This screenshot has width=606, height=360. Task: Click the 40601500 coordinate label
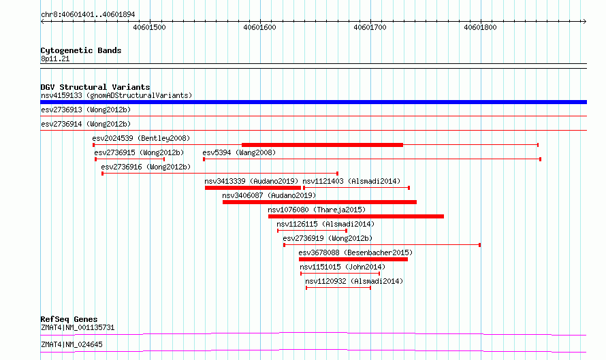pyautogui.click(x=149, y=27)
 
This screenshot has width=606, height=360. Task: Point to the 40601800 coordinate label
pyautogui.click(x=480, y=27)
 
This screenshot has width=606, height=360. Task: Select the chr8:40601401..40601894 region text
pyautogui.click(x=88, y=15)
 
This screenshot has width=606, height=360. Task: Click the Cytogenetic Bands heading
pyautogui.click(x=81, y=50)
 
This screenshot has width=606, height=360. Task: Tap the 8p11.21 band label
pyautogui.click(x=55, y=59)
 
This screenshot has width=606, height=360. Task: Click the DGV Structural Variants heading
pyautogui.click(x=95, y=87)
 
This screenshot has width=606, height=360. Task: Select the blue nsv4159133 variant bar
pyautogui.click(x=313, y=102)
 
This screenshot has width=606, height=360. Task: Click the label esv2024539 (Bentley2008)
pyautogui.click(x=141, y=138)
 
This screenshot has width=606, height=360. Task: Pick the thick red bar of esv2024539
pyautogui.click(x=322, y=145)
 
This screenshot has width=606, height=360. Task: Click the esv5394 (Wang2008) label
pyautogui.click(x=239, y=152)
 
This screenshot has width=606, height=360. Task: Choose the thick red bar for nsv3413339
pyautogui.click(x=253, y=188)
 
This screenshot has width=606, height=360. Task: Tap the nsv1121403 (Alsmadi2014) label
pyautogui.click(x=351, y=181)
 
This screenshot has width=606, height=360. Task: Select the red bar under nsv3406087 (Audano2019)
pyautogui.click(x=319, y=202)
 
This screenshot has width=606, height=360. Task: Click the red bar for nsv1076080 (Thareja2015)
pyautogui.click(x=356, y=216)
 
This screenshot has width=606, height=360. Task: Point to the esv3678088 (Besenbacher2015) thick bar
pyautogui.click(x=353, y=259)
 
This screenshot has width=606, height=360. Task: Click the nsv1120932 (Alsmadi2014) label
pyautogui.click(x=354, y=281)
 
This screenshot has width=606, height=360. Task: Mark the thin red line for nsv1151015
pyautogui.click(x=340, y=274)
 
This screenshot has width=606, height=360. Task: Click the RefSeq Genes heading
pyautogui.click(x=69, y=319)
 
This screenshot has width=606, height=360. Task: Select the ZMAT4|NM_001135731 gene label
pyautogui.click(x=78, y=327)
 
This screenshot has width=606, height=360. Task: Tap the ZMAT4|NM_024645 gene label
pyautogui.click(x=72, y=344)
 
